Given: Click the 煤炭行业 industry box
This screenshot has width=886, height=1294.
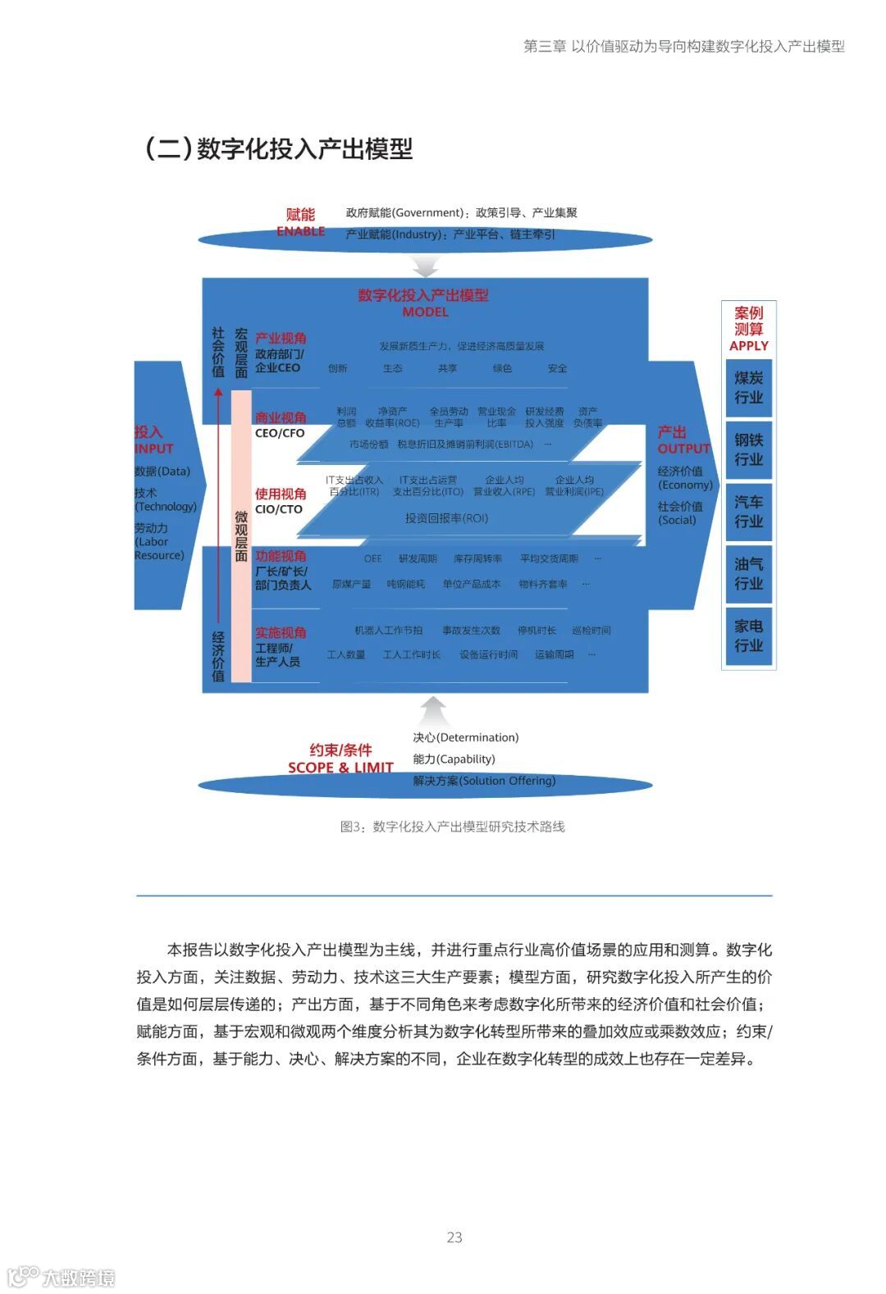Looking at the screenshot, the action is (x=748, y=388).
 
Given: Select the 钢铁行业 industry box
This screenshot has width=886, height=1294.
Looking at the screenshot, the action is (x=748, y=449).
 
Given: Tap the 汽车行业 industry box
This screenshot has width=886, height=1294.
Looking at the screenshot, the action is (x=748, y=512).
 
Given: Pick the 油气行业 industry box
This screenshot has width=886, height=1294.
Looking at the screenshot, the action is (x=748, y=573).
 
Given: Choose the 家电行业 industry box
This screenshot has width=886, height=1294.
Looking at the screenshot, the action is (x=748, y=636).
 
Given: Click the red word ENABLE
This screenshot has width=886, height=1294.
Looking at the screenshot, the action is (x=300, y=231).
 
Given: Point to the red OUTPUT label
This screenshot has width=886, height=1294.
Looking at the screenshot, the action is (x=683, y=449).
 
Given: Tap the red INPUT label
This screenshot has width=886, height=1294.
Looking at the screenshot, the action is (x=154, y=449).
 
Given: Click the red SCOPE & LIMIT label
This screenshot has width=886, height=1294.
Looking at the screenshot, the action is (x=340, y=768).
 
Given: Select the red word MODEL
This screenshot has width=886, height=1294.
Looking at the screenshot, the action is (x=425, y=312).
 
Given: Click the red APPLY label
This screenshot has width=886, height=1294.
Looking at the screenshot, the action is (x=748, y=346).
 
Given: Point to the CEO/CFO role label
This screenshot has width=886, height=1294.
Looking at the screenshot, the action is (x=280, y=433).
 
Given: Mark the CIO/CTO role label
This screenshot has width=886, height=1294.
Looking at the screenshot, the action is (x=279, y=509).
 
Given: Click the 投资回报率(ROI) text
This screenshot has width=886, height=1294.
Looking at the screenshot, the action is (x=446, y=518).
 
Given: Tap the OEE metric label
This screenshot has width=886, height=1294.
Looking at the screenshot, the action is (x=373, y=558).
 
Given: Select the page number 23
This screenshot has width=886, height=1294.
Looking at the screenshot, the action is (x=454, y=1237).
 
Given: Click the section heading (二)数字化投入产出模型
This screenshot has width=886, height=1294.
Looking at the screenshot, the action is (x=279, y=148).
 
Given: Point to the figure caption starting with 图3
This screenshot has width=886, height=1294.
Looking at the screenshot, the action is (x=452, y=827).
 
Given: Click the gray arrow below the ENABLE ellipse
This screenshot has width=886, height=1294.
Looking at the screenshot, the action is (x=426, y=267).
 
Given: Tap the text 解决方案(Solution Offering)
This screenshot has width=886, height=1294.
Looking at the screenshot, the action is (x=484, y=781).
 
